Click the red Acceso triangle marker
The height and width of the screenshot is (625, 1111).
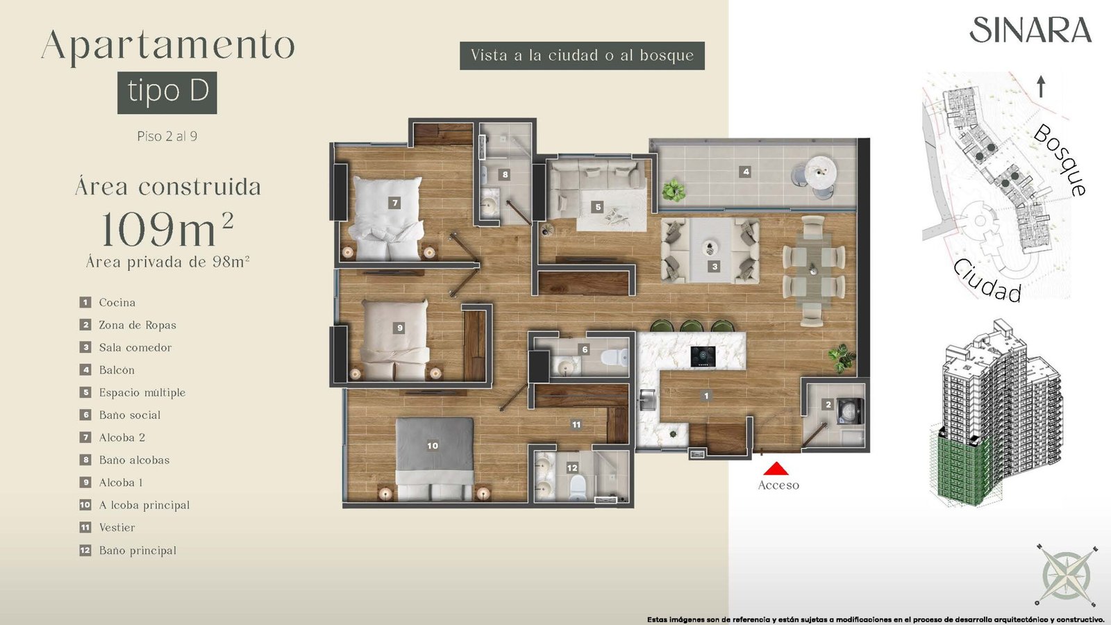tap(776, 469)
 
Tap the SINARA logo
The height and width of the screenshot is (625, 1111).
tap(1030, 30)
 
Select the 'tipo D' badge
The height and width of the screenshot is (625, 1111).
tap(167, 93)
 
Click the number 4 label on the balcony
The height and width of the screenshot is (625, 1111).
tap(745, 172)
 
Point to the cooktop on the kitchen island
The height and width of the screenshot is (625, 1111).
tap(703, 357)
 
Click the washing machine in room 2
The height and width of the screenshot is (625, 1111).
tap(850, 412)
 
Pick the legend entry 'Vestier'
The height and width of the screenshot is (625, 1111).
tap(117, 528)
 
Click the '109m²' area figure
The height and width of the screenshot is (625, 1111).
tap(167, 229)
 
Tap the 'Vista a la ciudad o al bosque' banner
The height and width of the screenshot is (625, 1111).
tap(583, 56)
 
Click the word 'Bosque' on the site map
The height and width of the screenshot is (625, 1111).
tap(1060, 160)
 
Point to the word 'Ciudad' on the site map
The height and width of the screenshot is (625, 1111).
tap(987, 281)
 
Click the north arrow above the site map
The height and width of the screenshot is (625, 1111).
tap(1041, 87)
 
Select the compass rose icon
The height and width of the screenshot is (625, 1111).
tap(1067, 576)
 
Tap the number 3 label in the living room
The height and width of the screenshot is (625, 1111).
tap(715, 267)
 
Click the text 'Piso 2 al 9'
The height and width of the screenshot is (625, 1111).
tap(167, 136)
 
